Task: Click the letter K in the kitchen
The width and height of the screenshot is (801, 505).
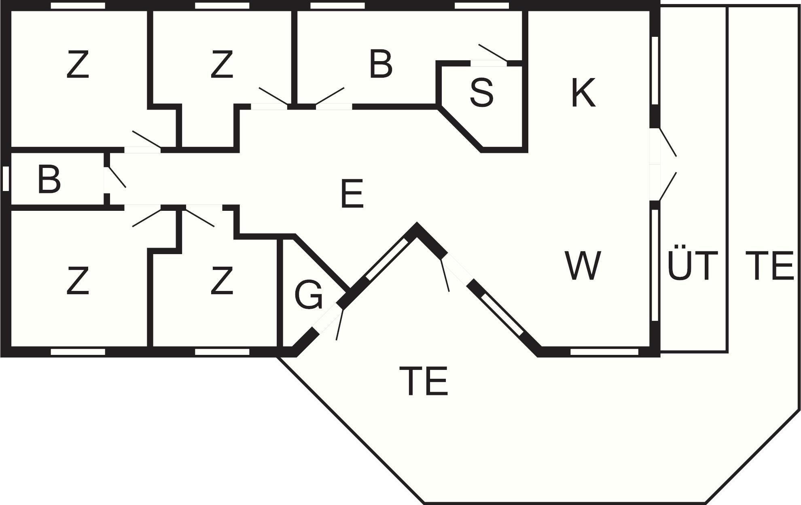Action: point(583,93)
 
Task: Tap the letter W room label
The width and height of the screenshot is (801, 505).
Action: point(583,265)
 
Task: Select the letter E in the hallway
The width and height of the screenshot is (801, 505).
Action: point(352,194)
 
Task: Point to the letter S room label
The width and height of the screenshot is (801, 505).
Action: point(481,93)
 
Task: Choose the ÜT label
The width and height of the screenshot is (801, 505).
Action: point(692,265)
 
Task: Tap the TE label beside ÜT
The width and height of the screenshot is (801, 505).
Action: point(769,265)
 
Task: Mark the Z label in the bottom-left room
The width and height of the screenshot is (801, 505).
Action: point(77,280)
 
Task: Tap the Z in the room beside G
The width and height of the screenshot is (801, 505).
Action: point(222,280)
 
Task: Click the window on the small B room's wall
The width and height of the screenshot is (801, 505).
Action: point(6,178)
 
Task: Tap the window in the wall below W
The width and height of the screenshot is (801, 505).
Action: point(604,352)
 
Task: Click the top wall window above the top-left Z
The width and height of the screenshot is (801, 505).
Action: point(78,6)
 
